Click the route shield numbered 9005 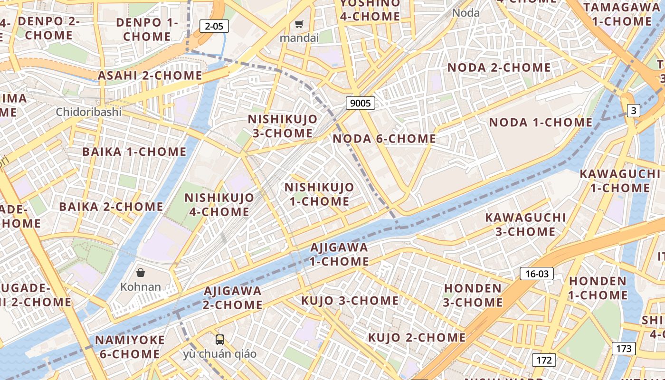360,103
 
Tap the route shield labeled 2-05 214,26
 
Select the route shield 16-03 537,274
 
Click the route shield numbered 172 544,360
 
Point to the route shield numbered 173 623,349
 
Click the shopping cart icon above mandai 299,24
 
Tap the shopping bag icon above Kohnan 141,273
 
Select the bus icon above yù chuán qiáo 220,339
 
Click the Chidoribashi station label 89,112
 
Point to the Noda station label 466,13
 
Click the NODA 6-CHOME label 384,139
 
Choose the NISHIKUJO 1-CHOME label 319,194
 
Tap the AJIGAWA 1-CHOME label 339,254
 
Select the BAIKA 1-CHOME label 134,152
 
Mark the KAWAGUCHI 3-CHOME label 525,225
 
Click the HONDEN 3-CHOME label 473,295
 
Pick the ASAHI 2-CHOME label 150,76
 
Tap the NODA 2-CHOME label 499,67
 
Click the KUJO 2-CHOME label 417,338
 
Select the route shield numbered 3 633,111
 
